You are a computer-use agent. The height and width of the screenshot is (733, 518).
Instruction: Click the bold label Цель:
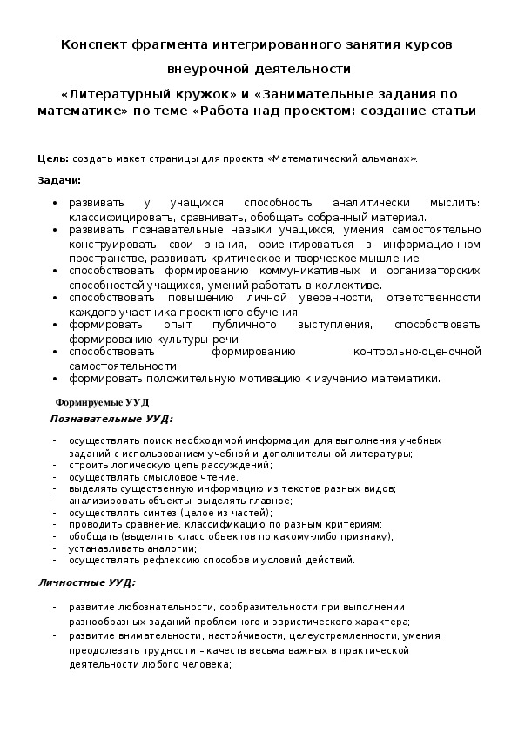point(53,159)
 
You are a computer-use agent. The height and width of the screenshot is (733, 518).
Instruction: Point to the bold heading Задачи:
point(59,180)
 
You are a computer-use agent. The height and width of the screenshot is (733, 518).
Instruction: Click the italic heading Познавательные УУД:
point(111,419)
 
